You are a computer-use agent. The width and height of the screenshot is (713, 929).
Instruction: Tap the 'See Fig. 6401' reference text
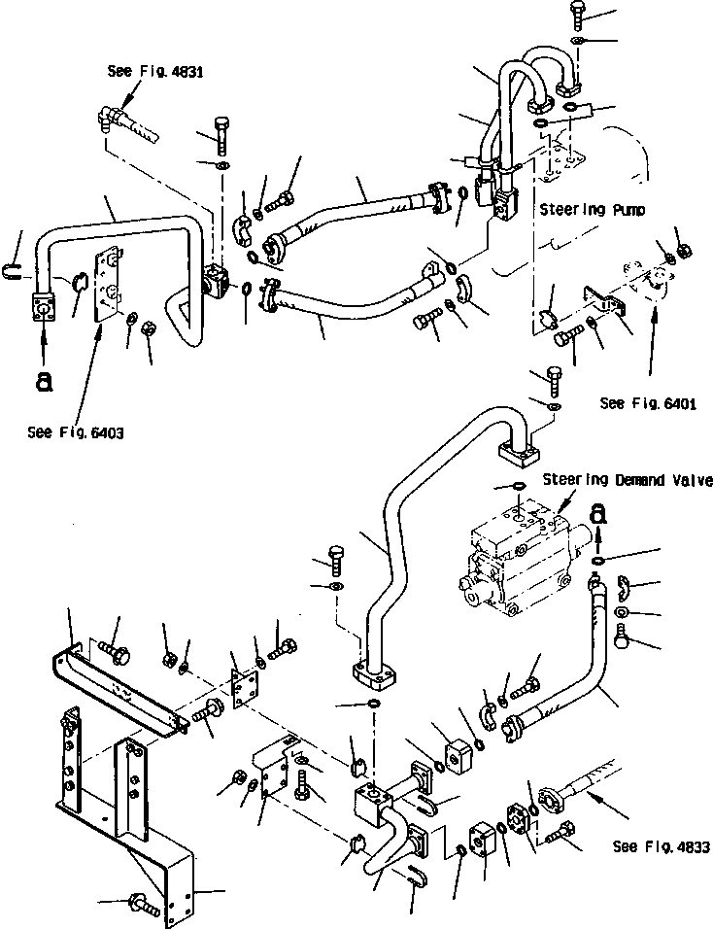tap(648, 402)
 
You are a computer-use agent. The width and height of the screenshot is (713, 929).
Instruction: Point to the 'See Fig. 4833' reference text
tap(661, 846)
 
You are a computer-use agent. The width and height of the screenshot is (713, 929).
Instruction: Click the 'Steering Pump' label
tap(585, 208)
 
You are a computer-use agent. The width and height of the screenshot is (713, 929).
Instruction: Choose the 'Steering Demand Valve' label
tap(628, 479)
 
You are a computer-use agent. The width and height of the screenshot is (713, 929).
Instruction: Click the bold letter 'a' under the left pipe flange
tap(43, 382)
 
